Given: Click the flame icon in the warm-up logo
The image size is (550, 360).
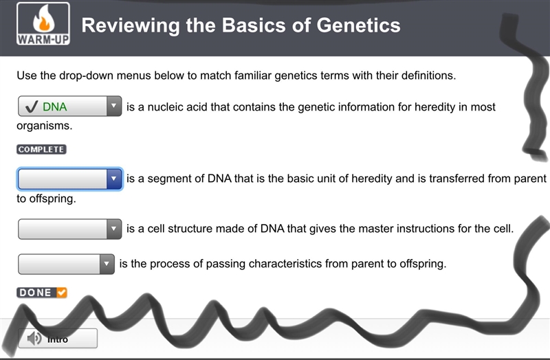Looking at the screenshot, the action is [x=43, y=19].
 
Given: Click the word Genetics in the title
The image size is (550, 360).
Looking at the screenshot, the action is [x=358, y=25].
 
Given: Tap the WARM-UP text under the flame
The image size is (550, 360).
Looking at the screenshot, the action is [x=43, y=39].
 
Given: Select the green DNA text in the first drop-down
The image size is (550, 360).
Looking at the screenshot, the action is [x=55, y=106].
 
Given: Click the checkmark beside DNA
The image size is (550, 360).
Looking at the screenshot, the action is [x=32, y=106].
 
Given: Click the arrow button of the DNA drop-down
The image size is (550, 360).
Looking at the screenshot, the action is [x=113, y=106].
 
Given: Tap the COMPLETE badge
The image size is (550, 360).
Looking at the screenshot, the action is [x=41, y=149].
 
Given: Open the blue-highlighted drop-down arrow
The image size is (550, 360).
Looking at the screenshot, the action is [x=113, y=179].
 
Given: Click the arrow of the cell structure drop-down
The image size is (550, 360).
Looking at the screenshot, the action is [x=113, y=229].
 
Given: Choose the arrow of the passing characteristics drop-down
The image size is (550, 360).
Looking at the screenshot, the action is [x=107, y=264].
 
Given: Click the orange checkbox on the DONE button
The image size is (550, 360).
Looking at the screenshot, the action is [x=62, y=293].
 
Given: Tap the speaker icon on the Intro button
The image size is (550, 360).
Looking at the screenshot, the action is [x=34, y=338].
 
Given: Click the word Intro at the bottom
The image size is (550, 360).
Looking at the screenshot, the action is [x=58, y=339].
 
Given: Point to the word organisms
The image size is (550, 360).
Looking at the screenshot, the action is [x=44, y=126].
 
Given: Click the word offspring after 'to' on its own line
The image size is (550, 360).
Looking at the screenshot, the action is [x=52, y=199].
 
